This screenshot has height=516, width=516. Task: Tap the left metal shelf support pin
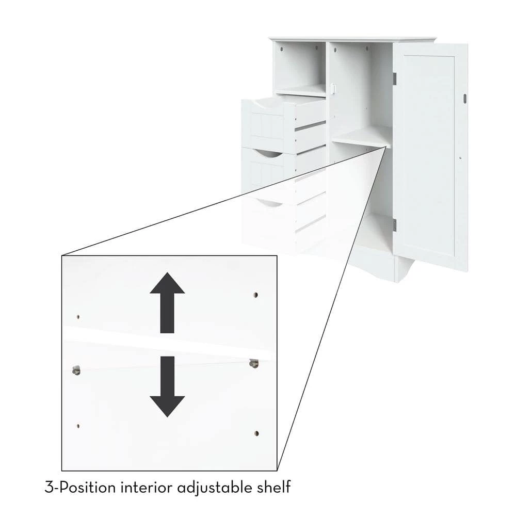click(76, 369)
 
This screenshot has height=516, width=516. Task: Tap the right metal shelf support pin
click(253, 363)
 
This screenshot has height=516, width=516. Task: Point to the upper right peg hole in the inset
click(255, 295)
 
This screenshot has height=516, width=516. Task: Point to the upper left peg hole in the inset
click(78, 317)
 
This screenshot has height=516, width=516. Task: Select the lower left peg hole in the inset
click(78, 426)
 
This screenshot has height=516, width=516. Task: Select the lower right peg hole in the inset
click(256, 433)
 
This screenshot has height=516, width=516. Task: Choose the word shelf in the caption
click(273, 486)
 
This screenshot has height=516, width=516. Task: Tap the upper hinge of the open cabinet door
click(394, 78)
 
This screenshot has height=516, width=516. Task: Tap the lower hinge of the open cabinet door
click(394, 224)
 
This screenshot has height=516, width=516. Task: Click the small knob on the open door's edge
click(464, 98)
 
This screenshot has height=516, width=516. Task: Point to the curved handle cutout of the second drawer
click(269, 153)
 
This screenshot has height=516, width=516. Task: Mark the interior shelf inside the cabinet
click(361, 137)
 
